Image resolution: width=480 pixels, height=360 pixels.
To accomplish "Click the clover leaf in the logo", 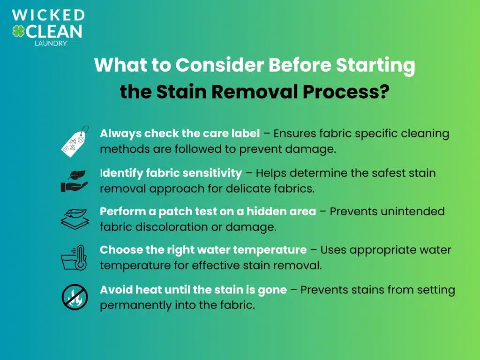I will click(19, 31).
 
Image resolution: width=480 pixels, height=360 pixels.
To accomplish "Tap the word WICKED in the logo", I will click(49, 15).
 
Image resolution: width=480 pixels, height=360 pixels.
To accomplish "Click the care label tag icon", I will click(75, 141).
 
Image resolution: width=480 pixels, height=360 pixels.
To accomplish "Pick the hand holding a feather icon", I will click(75, 180).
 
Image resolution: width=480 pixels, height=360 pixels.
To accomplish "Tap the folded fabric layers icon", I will click(75, 218).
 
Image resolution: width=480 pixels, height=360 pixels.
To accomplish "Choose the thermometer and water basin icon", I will click(75, 257).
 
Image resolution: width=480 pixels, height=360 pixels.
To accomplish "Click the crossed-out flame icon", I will click(75, 297).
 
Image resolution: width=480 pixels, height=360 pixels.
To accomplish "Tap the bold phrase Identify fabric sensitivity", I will click(171, 173).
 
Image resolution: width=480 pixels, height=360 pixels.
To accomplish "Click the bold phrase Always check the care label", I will click(180, 134).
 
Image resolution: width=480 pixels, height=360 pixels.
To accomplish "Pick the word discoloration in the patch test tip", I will click(161, 227).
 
